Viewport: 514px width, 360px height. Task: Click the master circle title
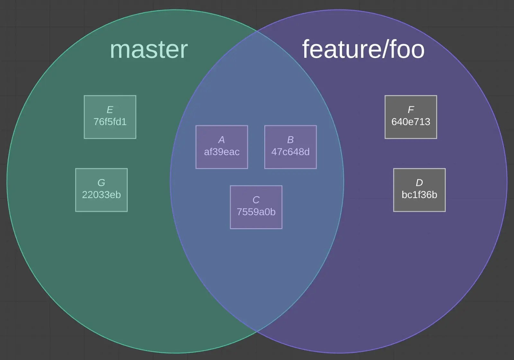[149, 50]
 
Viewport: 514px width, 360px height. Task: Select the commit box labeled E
[110, 117]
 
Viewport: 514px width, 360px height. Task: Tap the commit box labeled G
[101, 190]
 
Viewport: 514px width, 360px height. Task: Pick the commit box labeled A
[222, 147]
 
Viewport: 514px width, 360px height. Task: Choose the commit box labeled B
[290, 147]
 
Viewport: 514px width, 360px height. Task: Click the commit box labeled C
[256, 207]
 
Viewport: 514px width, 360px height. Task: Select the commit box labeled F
[411, 117]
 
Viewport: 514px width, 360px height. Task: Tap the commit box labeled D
[419, 190]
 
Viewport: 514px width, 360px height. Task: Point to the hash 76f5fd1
[110, 122]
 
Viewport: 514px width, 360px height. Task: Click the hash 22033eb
[101, 195]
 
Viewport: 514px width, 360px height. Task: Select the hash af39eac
[222, 152]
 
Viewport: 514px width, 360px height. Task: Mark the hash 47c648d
[290, 152]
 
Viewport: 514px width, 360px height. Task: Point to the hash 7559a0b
[256, 212]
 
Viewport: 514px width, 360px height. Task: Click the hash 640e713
[411, 122]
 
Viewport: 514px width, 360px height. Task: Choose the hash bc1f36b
[419, 195]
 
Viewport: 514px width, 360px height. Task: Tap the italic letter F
[411, 110]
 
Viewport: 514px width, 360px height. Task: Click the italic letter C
[256, 200]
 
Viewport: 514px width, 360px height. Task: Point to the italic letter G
[101, 183]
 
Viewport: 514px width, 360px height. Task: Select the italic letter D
[419, 183]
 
